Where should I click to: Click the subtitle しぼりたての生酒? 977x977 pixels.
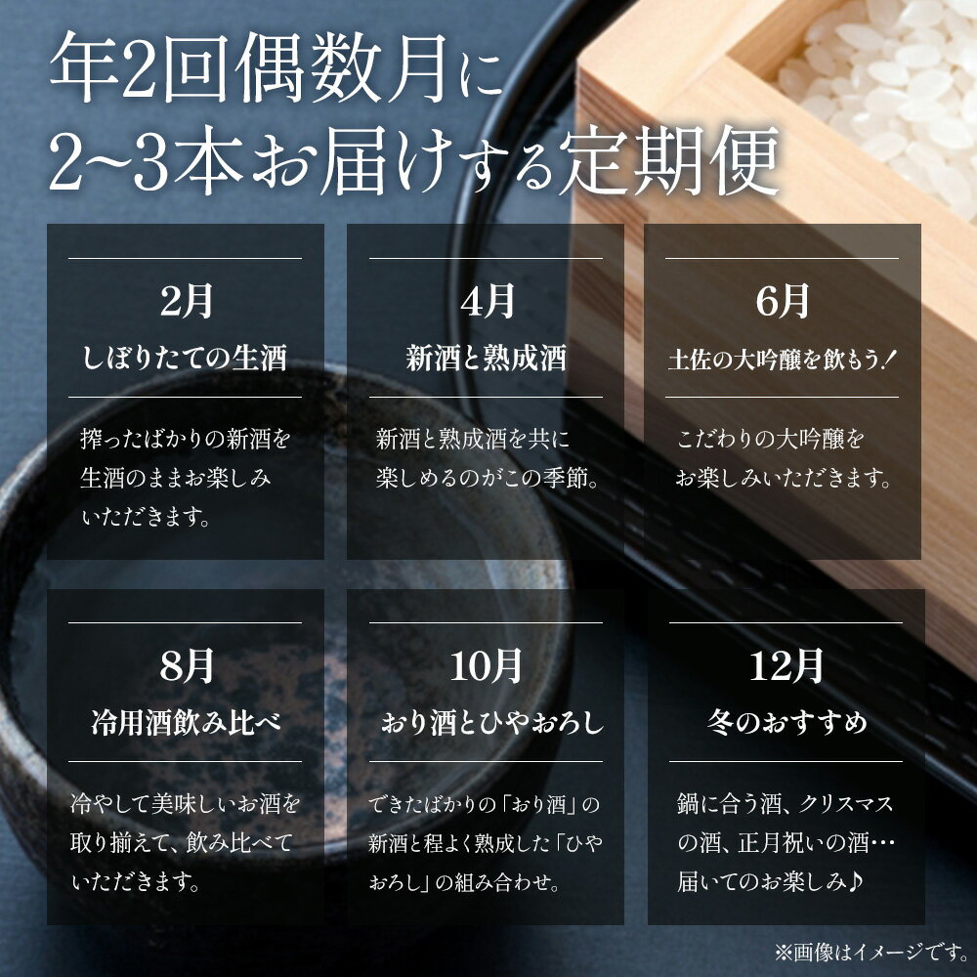(185, 359)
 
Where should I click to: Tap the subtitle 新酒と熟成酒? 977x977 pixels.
(486, 359)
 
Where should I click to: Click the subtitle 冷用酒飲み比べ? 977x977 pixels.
(185, 724)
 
